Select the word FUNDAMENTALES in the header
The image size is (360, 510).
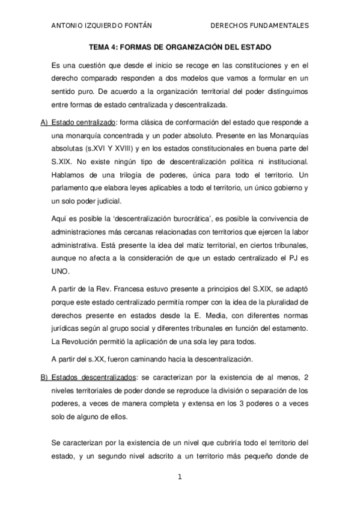tap(279, 26)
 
